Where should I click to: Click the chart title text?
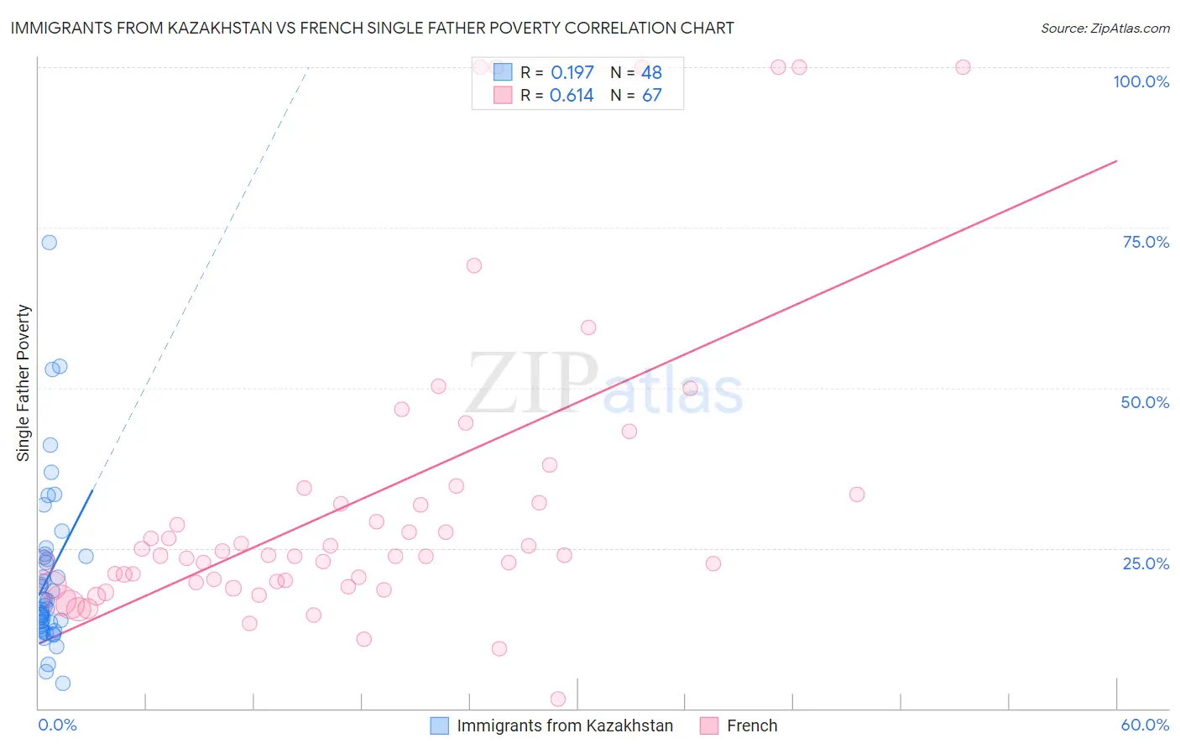[x=372, y=28]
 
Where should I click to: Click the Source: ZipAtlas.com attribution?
[x=1104, y=28]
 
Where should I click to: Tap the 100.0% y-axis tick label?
[x=1141, y=81]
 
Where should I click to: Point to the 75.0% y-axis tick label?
[x=1146, y=242]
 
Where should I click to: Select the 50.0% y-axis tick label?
[x=1145, y=402]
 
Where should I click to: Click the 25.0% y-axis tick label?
[x=1146, y=563]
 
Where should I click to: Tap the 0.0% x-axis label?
[x=57, y=725]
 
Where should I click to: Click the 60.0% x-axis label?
[x=1145, y=725]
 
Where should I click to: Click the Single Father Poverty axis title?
[x=23, y=382]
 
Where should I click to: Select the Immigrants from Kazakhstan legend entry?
[x=565, y=725]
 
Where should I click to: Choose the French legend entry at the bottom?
[x=752, y=725]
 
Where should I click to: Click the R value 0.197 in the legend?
[x=572, y=72]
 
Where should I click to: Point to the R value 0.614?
[x=572, y=95]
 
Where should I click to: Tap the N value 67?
[x=652, y=95]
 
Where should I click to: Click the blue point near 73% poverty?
[x=50, y=242]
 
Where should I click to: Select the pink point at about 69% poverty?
[x=474, y=265]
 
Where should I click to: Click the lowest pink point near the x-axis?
[x=558, y=699]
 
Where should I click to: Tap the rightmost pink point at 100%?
[x=963, y=67]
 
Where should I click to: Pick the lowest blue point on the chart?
[x=63, y=683]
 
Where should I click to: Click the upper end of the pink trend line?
[x=1116, y=160]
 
